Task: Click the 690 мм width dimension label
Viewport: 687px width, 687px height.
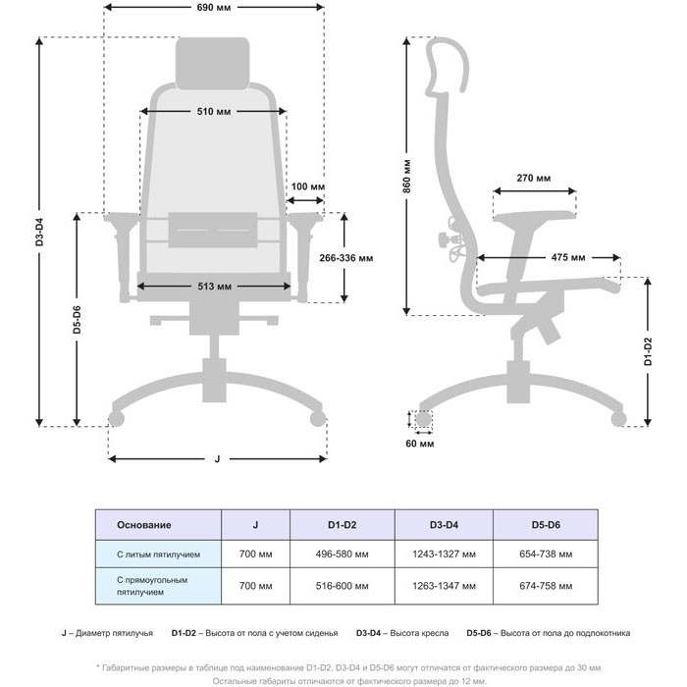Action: (x=213, y=8)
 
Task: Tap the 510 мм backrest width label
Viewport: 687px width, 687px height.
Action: (x=213, y=112)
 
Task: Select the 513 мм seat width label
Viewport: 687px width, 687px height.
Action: (x=214, y=287)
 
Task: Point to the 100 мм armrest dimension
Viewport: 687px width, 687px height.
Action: (x=308, y=186)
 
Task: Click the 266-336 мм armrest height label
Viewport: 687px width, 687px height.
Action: (x=346, y=258)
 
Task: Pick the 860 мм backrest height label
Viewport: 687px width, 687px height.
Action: (x=407, y=177)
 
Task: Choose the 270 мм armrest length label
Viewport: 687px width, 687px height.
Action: (x=534, y=179)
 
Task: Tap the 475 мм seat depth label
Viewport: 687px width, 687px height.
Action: (x=568, y=257)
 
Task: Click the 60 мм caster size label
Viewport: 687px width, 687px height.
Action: (x=420, y=444)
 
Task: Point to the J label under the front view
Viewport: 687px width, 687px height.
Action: (x=217, y=459)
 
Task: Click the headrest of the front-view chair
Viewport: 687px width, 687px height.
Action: (x=213, y=64)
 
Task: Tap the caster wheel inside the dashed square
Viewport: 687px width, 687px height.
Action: (x=423, y=419)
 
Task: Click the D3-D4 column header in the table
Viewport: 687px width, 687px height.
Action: (x=444, y=525)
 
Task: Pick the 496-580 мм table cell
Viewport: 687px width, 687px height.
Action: (x=342, y=555)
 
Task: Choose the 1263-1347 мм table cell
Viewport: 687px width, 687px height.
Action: (x=444, y=586)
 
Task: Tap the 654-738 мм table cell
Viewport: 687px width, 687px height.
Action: (x=546, y=555)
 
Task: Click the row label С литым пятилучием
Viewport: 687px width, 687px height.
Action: (x=158, y=555)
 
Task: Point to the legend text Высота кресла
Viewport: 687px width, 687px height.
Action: (x=419, y=633)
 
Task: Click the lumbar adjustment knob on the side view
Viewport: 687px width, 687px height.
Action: (x=445, y=239)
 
